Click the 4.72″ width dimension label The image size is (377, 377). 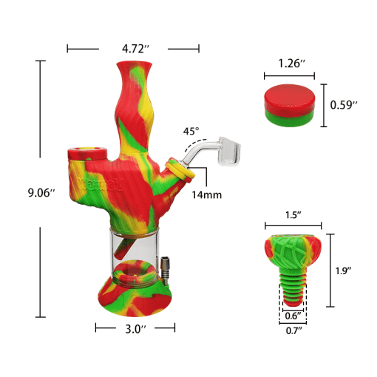(x=134, y=49)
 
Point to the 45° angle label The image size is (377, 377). (x=191, y=132)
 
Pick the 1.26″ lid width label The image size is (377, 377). (x=289, y=64)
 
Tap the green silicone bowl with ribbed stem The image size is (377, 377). (x=293, y=255)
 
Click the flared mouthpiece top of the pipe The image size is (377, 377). (x=134, y=74)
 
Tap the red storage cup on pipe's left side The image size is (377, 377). (x=86, y=155)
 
